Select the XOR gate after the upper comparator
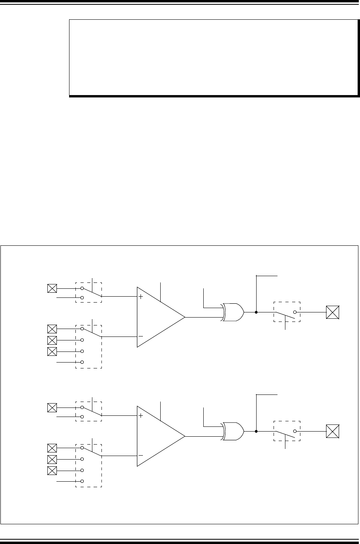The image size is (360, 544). [x=233, y=312]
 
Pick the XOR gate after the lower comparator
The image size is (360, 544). [x=233, y=431]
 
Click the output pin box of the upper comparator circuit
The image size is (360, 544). [x=333, y=312]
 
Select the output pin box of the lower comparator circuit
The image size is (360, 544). [x=333, y=431]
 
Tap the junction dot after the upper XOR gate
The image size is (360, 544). [x=257, y=312]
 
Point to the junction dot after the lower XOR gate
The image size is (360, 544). [x=257, y=431]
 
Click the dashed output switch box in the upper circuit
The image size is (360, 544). [x=287, y=312]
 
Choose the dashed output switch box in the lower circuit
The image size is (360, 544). [x=287, y=431]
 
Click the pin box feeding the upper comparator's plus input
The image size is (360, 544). [x=52, y=288]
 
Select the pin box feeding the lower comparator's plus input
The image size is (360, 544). [x=52, y=408]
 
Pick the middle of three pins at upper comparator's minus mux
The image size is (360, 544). [x=52, y=340]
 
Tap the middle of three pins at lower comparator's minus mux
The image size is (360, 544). [x=52, y=459]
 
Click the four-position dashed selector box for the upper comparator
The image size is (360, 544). [x=88, y=347]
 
